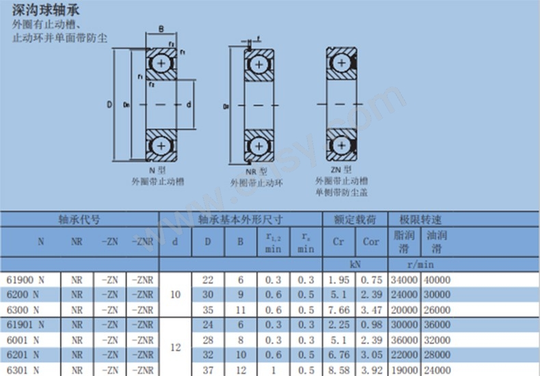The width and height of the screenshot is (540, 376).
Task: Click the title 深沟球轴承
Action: pyautogui.click(x=42, y=10)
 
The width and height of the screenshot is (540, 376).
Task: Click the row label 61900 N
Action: pyautogui.click(x=25, y=279)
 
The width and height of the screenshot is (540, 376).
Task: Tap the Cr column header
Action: pyautogui.click(x=338, y=241)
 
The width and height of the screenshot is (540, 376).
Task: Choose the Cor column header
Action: pyautogui.click(x=370, y=241)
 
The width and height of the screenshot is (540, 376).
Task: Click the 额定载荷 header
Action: pyautogui.click(x=354, y=220)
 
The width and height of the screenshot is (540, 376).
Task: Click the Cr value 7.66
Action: pyautogui.click(x=338, y=309)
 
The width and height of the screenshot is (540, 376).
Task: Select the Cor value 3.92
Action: pyautogui.click(x=370, y=369)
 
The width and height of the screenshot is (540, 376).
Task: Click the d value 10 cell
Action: pyautogui.click(x=176, y=294)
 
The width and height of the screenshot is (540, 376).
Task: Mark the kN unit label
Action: pyautogui.click(x=354, y=263)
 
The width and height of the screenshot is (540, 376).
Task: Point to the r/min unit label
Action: pyautogui.click(x=420, y=263)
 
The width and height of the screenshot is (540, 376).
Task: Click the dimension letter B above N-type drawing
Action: pyautogui.click(x=161, y=29)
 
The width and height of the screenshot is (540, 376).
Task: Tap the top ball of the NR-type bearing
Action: pyautogui.click(x=259, y=64)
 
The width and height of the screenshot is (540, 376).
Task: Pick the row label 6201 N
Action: pyautogui.click(x=25, y=354)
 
